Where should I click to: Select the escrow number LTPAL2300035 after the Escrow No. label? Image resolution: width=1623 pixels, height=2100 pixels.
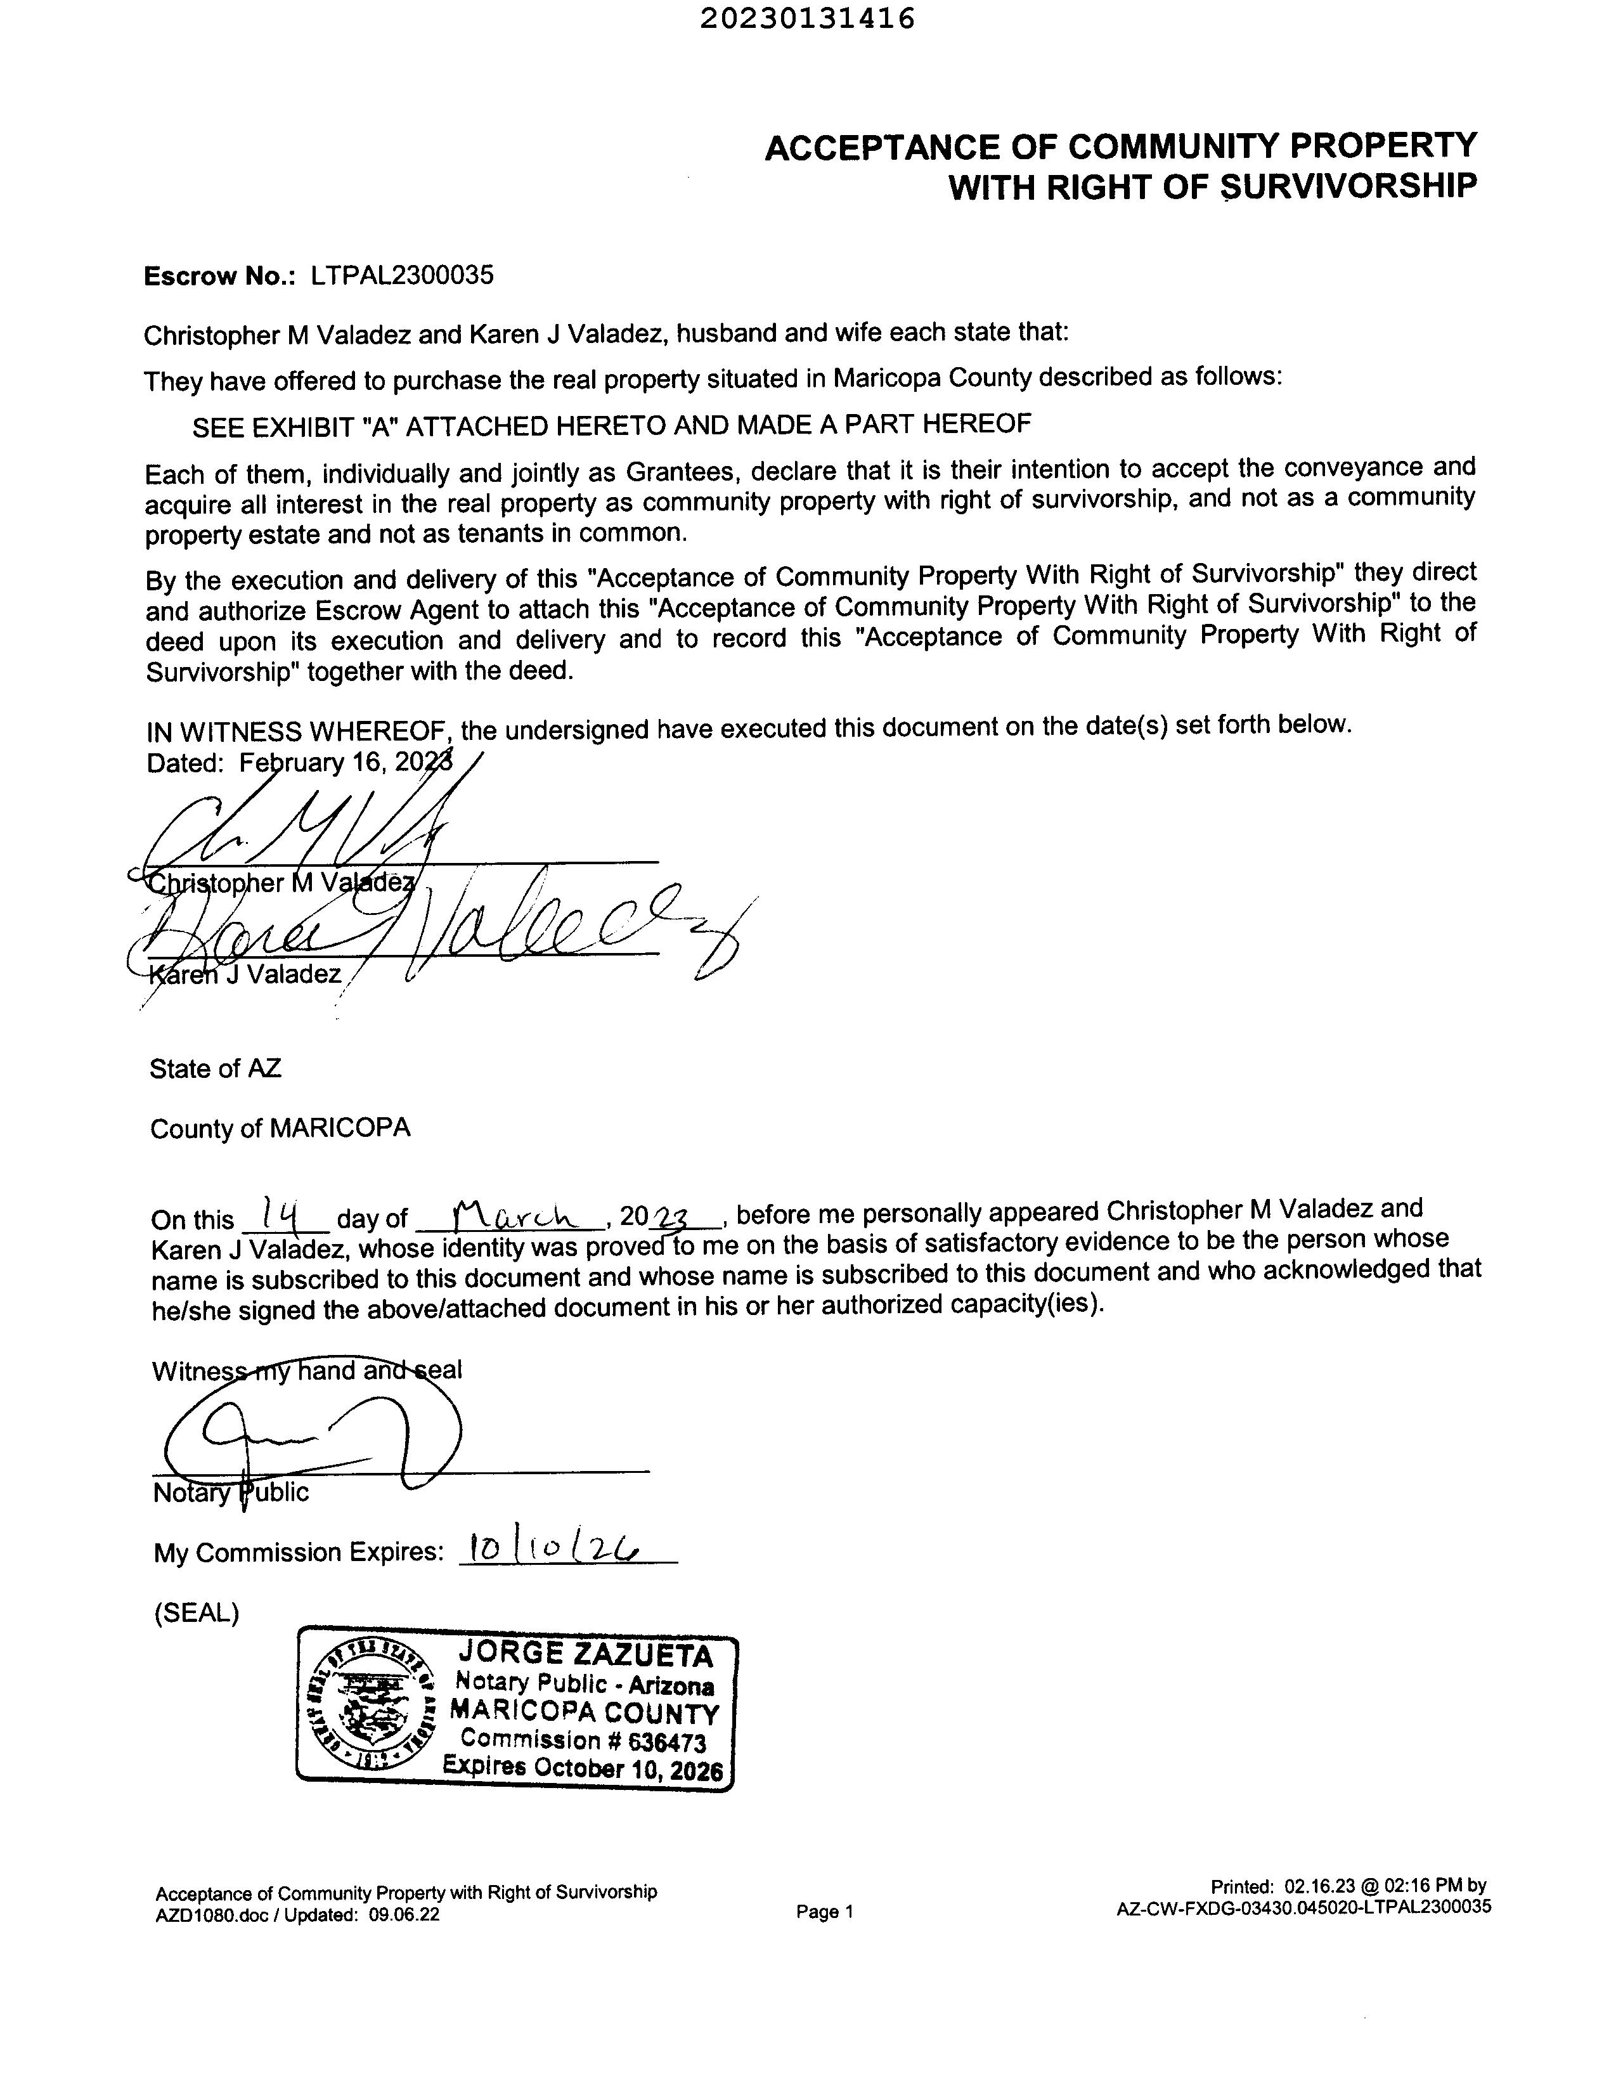click(x=402, y=275)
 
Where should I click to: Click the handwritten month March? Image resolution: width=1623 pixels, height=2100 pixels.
click(x=510, y=1216)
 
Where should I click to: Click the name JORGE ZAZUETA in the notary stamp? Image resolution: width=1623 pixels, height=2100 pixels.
click(x=586, y=1654)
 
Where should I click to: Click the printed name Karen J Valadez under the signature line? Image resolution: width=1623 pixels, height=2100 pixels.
click(x=245, y=975)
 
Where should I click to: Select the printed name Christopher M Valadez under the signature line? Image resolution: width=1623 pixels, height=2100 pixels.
click(x=279, y=883)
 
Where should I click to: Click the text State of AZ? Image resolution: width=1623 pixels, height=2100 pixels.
click(x=216, y=1068)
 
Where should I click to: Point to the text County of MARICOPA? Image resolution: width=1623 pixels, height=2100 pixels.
click(x=280, y=1128)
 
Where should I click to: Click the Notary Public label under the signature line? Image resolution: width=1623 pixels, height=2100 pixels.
click(x=231, y=1493)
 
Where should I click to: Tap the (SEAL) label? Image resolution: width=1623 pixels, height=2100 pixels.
click(x=196, y=1612)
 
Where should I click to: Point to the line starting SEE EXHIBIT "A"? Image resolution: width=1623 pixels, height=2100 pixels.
click(x=612, y=424)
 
